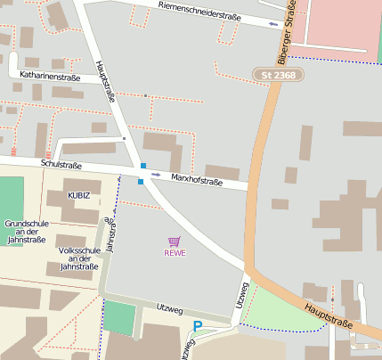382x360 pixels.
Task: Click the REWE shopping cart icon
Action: pos(174,241)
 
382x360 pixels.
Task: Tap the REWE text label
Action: pos(175,252)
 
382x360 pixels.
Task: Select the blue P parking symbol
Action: pos(198,327)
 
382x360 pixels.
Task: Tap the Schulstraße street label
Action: pos(61,166)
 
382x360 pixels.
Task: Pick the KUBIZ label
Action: pos(79,194)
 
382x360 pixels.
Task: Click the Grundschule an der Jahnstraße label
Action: pos(26,232)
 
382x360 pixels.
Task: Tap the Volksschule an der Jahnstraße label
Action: pos(78,258)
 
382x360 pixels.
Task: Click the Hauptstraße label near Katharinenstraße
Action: pos(105,83)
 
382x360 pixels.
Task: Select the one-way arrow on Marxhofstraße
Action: pos(157,175)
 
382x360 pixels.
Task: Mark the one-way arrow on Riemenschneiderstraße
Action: pos(272,25)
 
